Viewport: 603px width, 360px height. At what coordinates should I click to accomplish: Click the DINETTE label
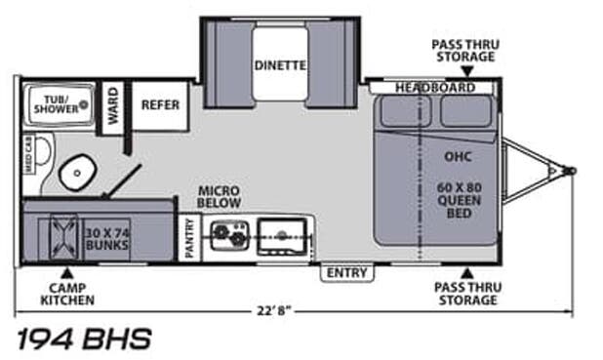[x=281, y=66]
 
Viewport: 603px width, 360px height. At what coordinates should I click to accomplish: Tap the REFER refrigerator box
[x=160, y=104]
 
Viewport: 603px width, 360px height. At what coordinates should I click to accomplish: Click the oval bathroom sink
[x=74, y=174]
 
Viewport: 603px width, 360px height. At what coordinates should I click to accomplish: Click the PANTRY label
[x=189, y=237]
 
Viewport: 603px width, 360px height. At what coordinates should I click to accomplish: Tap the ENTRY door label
[x=346, y=271]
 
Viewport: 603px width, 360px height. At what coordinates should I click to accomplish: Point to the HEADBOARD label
[x=435, y=88]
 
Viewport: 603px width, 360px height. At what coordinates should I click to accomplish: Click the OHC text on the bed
[x=459, y=153]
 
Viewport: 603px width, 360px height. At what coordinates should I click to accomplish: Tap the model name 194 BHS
[x=84, y=340]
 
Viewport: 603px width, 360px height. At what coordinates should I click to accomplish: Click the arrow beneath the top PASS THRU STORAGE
[x=464, y=71]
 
